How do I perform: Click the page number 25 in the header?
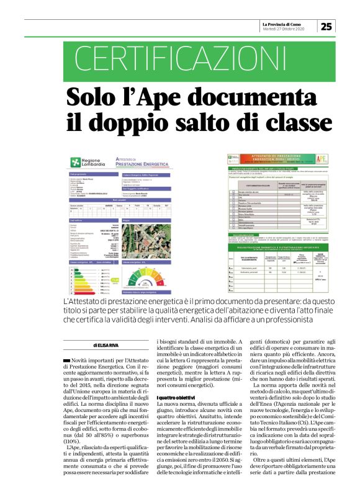(x=326, y=26)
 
